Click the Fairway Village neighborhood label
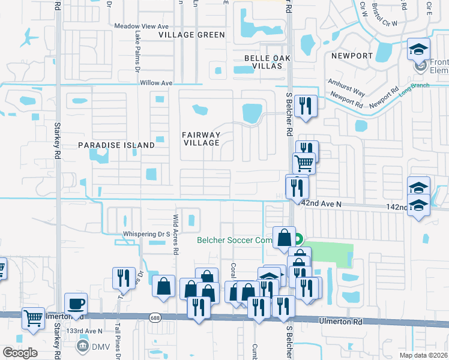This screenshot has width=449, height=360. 202,139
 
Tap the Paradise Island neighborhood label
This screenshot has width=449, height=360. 117,145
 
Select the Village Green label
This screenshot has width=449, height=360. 192,35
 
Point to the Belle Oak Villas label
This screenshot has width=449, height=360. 264,62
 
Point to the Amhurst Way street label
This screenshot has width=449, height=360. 346,87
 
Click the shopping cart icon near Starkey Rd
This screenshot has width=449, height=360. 34,318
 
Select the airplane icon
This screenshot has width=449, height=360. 28,38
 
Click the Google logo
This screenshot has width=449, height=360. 20,353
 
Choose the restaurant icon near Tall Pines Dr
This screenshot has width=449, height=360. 124,278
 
